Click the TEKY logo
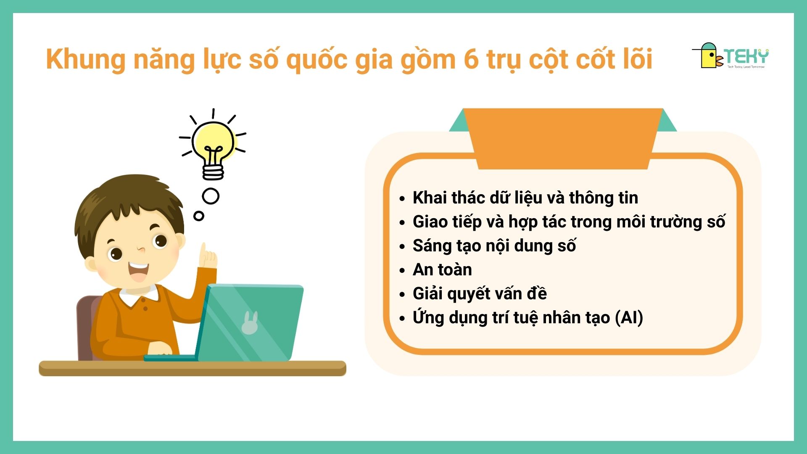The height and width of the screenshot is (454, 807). (x=731, y=55)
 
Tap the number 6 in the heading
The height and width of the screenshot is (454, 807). (x=471, y=59)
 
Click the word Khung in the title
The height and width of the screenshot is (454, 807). (x=86, y=59)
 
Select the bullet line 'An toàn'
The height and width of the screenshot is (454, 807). (x=442, y=269)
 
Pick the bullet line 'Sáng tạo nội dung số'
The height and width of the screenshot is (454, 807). (x=494, y=246)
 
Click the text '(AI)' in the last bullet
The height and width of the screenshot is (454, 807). (x=629, y=318)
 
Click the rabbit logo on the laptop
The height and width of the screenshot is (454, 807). (x=250, y=323)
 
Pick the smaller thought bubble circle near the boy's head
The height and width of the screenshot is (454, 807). (x=199, y=216)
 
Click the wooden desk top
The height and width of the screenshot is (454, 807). (x=193, y=368)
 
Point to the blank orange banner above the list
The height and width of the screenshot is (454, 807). (x=563, y=139)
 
